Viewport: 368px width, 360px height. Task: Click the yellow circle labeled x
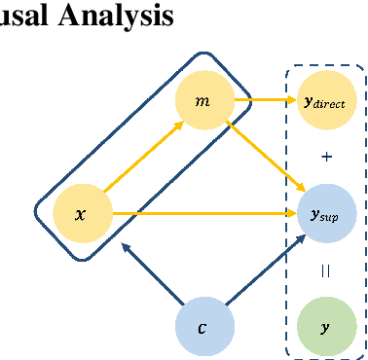click(80, 211)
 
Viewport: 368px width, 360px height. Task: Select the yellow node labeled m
click(202, 101)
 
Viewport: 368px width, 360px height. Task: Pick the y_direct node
click(325, 100)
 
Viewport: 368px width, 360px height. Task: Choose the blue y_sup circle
click(325, 212)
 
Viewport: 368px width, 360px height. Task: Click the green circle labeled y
click(325, 327)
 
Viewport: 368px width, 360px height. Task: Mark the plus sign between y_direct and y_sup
click(325, 156)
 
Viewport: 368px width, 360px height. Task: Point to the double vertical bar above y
click(325, 271)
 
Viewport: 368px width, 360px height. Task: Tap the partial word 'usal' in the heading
click(24, 17)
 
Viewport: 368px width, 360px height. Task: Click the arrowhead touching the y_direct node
click(291, 100)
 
